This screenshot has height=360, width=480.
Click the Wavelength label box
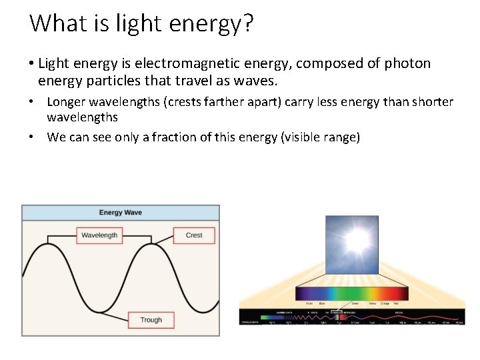[99, 235]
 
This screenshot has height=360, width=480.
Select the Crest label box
[194, 235]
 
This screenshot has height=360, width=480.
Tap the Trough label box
[151, 320]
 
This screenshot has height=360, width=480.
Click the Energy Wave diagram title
[121, 213]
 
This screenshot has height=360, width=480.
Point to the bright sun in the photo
[356, 239]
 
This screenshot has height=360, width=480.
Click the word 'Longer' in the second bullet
[66, 102]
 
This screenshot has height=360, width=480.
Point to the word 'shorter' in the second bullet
[430, 102]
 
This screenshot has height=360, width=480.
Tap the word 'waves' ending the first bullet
[257, 81]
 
